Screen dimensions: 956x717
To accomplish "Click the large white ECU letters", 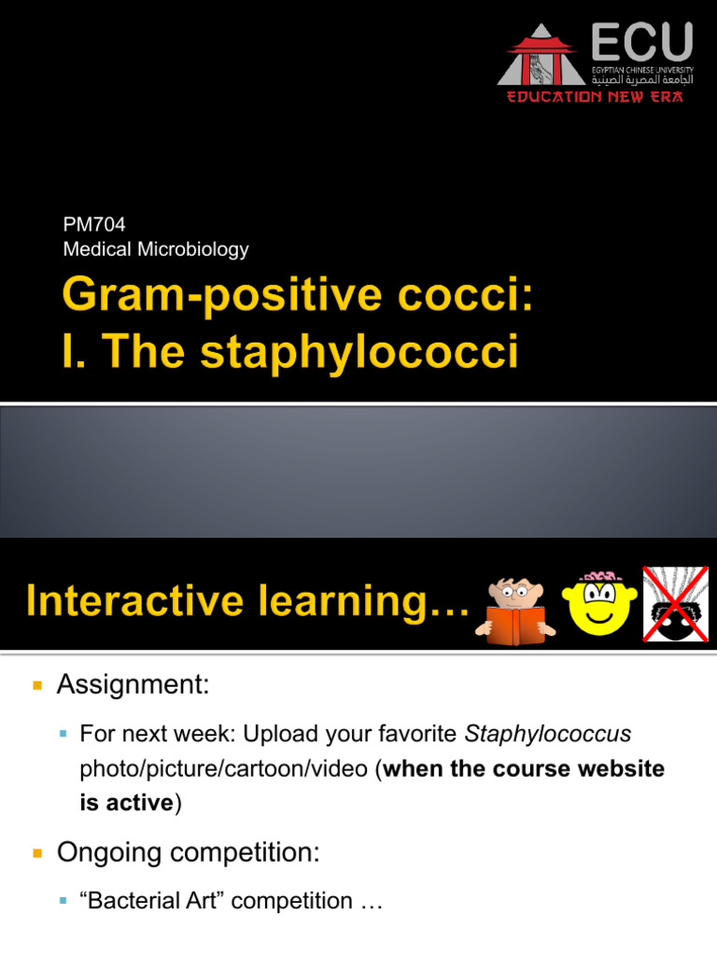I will (x=642, y=43).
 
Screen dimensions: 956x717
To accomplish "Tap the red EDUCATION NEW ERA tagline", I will (x=595, y=97).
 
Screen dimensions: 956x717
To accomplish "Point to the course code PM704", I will (x=93, y=224).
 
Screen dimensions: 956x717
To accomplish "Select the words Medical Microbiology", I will (x=156, y=249).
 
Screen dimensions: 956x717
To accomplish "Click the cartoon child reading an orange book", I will (x=515, y=607).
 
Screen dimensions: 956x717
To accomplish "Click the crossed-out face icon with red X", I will (x=675, y=604).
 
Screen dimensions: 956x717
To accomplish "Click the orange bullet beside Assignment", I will (x=37, y=686).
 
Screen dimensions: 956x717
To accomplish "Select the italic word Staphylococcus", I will (x=547, y=735).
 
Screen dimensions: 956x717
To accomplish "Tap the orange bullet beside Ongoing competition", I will (x=37, y=852).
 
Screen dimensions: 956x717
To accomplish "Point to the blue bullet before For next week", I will (x=63, y=736).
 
